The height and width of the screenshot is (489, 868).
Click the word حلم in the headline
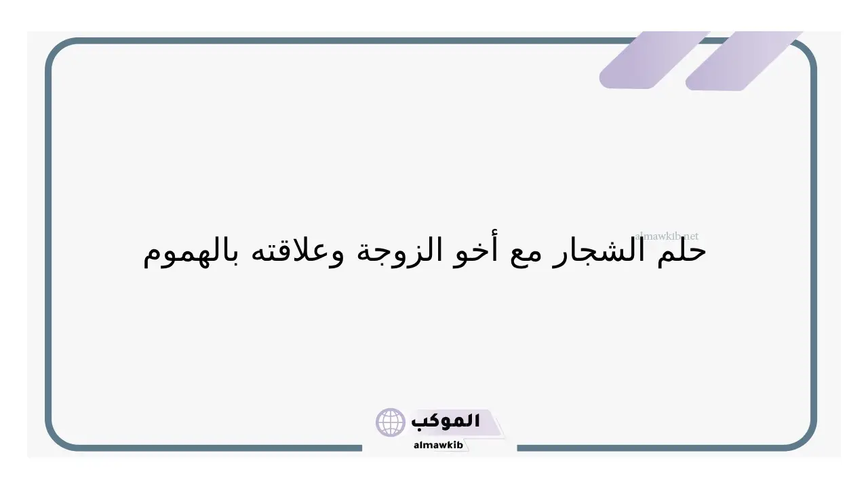682,251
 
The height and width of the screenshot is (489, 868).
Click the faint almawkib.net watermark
667,236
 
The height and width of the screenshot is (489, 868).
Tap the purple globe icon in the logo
390,422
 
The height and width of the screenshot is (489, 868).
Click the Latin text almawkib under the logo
438,445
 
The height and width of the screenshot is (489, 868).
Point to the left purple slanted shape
655,60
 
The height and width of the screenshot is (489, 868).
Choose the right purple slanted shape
744,60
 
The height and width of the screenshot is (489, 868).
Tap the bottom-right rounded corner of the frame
804,438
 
